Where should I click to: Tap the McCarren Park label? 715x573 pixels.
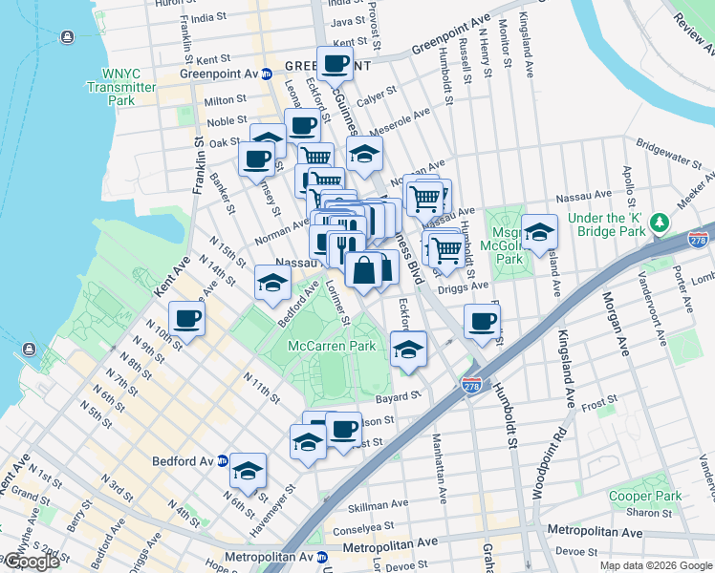pos(333,346)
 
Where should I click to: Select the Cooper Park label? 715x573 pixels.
pos(646,497)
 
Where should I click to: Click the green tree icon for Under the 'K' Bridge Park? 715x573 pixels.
pos(658,223)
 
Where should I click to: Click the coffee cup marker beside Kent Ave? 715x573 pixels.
pos(186,318)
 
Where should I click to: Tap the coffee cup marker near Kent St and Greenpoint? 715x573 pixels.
pos(335,63)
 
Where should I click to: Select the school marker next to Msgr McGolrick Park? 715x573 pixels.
pos(539,231)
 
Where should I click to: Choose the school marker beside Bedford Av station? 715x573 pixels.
pos(248,470)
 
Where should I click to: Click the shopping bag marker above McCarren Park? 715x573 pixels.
pos(363,270)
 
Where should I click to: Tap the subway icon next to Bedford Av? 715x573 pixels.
pos(223,460)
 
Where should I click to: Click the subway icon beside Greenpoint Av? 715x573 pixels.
pos(268,73)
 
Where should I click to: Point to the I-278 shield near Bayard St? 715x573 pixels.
pos(470,384)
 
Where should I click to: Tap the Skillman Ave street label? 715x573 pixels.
pos(373,505)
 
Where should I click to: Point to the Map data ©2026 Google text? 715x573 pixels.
pos(654,565)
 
